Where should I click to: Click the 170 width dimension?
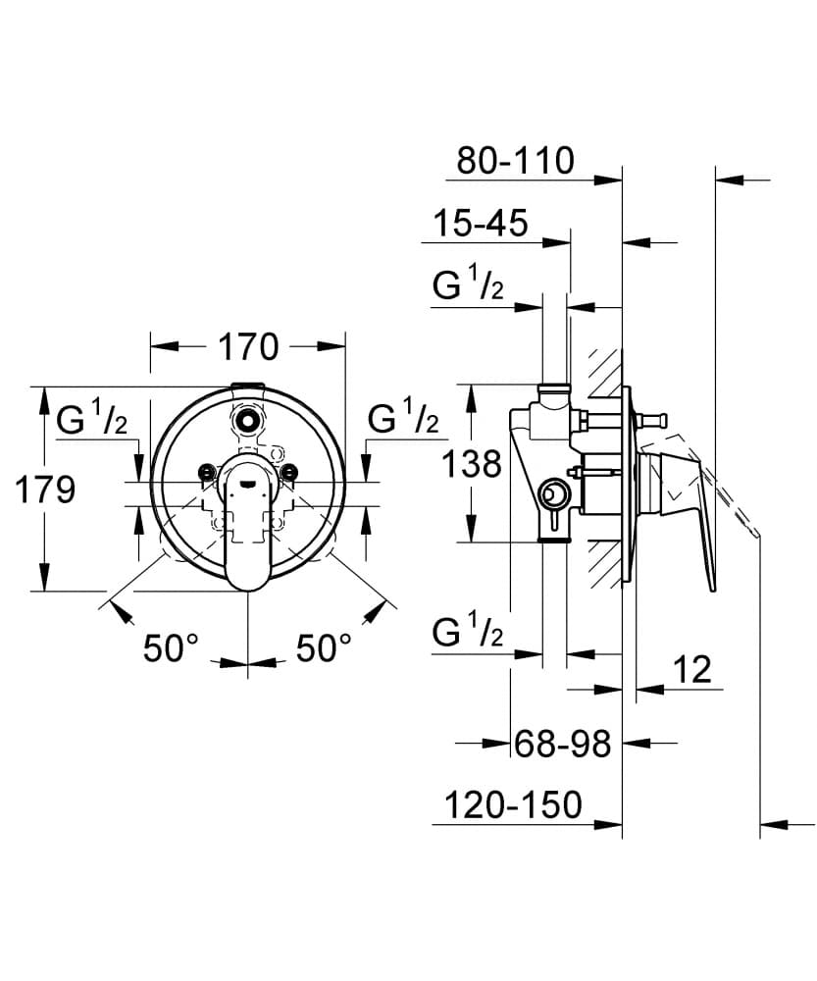click(x=248, y=346)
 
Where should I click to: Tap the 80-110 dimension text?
click(x=516, y=160)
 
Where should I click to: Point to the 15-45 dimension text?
click(x=481, y=224)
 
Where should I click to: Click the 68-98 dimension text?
click(x=563, y=745)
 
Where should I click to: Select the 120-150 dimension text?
click(x=514, y=806)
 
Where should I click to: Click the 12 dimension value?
click(x=692, y=670)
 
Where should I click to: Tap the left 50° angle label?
click(x=171, y=647)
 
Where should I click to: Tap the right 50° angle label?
click(x=324, y=647)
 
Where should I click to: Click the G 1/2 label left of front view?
click(x=92, y=421)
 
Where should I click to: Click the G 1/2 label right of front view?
click(x=403, y=419)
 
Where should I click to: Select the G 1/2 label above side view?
click(x=469, y=286)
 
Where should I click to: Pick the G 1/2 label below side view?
click(x=469, y=634)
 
